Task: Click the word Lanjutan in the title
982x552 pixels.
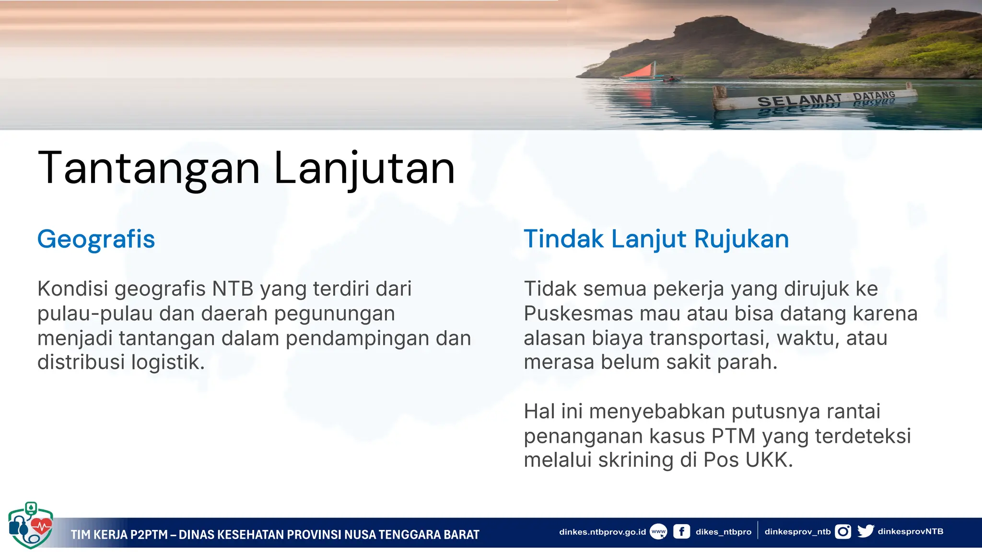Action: (x=364, y=169)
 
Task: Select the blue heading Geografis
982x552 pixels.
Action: (x=96, y=239)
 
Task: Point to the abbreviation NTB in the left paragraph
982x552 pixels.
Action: (x=233, y=289)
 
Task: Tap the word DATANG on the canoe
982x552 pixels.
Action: (x=874, y=95)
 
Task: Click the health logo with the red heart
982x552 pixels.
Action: (x=31, y=525)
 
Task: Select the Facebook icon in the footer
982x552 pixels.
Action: (x=681, y=531)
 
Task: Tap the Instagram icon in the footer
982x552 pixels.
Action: (x=843, y=531)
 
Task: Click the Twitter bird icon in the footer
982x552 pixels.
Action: (x=865, y=531)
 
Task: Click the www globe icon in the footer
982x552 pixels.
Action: (x=658, y=531)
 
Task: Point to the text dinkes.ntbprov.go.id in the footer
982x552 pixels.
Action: (x=602, y=531)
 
